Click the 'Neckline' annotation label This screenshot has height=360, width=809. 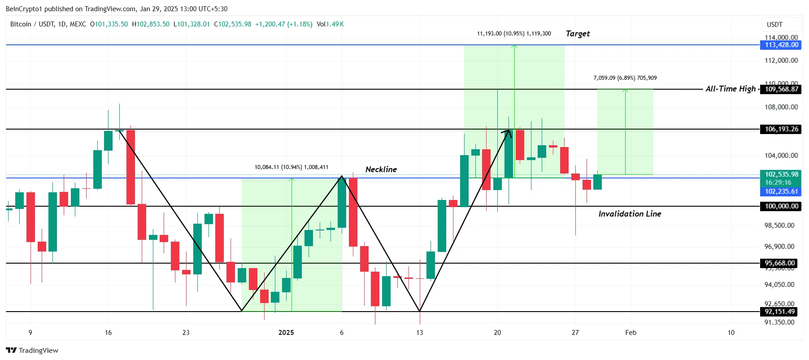381,169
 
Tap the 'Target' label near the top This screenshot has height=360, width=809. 578,34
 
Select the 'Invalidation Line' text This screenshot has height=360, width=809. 630,214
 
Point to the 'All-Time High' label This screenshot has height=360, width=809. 731,89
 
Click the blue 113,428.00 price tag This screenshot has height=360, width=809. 781,45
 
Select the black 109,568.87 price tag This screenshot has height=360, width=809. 781,89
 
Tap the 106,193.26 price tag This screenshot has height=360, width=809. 781,129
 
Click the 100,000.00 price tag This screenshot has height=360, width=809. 781,206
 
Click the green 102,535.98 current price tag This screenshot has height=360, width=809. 781,174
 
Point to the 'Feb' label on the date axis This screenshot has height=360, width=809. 631,333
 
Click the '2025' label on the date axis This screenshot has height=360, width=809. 286,333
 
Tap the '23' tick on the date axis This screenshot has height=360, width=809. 186,333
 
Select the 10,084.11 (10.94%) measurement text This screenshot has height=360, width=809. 291,167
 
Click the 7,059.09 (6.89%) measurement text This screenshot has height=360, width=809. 625,78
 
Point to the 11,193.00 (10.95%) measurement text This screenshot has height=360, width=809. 514,34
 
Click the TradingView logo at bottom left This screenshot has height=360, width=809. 32,350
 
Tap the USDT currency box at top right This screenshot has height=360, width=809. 774,25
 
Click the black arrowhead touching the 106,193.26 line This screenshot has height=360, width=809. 508,132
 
